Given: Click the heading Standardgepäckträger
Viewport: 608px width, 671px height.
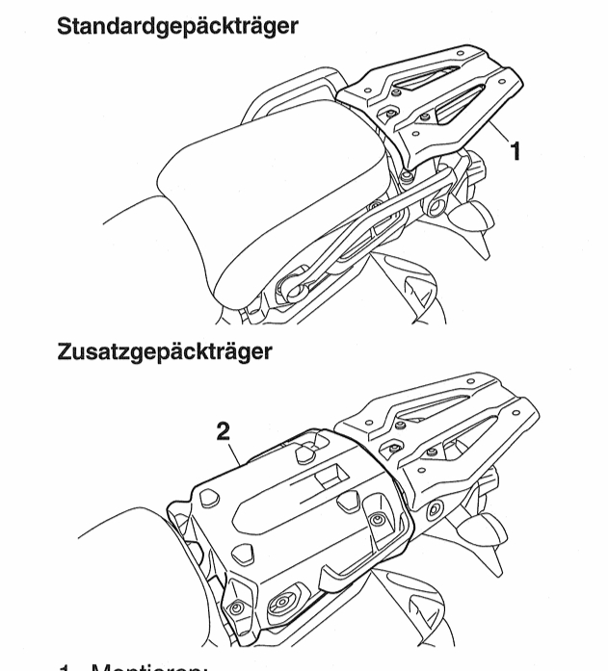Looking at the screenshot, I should coord(177,25).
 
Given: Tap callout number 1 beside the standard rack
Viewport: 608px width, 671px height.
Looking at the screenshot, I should coord(515,149).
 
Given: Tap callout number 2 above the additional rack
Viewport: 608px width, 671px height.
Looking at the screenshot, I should coord(224,431).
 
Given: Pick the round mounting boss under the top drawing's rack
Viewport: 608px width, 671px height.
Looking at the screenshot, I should coord(436,205).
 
